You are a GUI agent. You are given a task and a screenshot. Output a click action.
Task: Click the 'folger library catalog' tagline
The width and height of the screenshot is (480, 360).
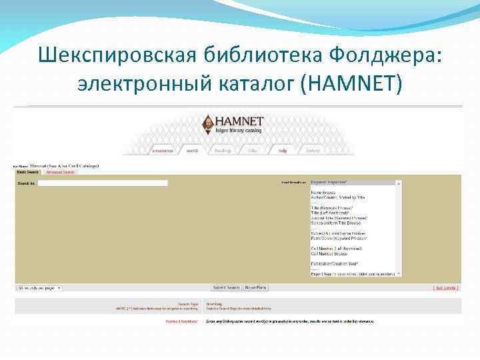click(239, 131)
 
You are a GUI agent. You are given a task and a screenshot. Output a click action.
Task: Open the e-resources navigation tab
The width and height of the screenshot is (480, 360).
click(163, 151)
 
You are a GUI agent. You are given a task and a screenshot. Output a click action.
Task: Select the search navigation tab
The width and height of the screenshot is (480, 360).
click(192, 151)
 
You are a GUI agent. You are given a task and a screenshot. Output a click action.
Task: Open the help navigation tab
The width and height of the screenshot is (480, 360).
click(283, 151)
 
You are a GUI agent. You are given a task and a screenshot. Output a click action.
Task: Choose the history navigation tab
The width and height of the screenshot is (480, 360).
click(313, 151)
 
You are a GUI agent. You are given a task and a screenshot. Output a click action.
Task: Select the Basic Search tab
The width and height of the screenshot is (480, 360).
click(28, 172)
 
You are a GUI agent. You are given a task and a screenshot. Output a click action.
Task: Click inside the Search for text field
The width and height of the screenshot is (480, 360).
click(103, 183)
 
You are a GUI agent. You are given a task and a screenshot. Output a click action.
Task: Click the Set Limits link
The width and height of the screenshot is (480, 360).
click(446, 288)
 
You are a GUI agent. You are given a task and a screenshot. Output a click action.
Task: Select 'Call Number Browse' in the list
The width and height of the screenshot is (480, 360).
click(329, 253)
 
